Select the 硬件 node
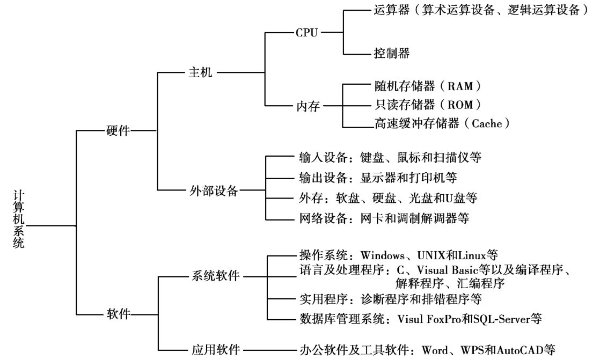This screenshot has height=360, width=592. [119, 131]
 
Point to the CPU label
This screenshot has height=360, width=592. [307, 33]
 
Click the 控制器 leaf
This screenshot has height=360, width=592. [391, 53]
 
